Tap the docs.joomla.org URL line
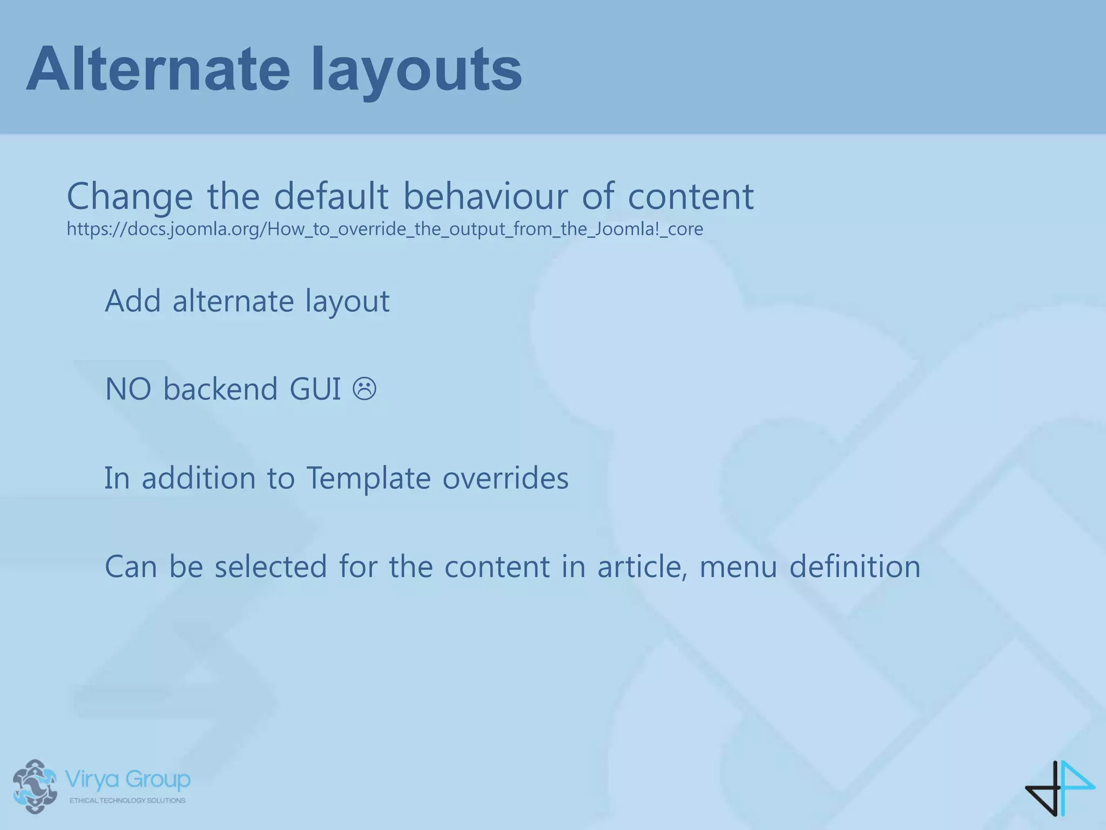(385, 229)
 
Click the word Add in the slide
(132, 300)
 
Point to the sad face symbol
(365, 389)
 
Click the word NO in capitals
(128, 389)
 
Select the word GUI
(315, 389)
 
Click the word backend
(220, 389)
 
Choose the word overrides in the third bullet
(505, 478)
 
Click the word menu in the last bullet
(738, 567)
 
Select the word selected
(271, 566)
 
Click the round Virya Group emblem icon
(35, 786)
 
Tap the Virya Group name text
(127, 779)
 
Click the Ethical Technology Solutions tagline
(127, 800)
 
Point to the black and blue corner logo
(1060, 787)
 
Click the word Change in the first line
(130, 197)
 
